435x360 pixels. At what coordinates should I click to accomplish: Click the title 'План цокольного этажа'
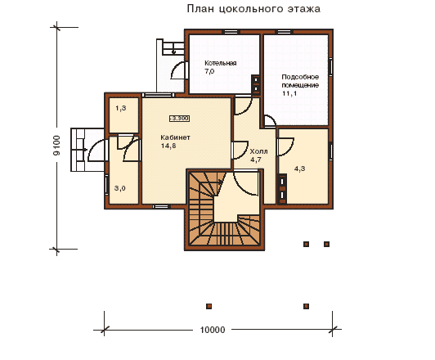coord(253,9)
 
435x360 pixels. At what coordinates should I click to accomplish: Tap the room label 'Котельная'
coord(221,63)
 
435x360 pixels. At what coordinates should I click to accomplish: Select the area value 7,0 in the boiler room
coord(209,71)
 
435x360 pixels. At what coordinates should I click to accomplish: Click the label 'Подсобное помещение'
coord(300,81)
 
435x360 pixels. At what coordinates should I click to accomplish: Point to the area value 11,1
coord(289,93)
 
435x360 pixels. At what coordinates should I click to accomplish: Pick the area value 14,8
coord(168,146)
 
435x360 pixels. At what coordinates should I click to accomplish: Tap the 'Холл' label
coord(258,151)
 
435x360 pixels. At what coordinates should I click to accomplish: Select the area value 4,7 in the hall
coord(256,160)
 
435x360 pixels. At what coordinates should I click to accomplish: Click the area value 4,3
coord(299,169)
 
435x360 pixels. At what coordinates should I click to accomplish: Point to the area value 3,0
coord(120,188)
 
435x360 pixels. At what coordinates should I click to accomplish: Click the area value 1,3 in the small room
coord(121,108)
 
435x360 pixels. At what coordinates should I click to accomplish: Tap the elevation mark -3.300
coord(180,119)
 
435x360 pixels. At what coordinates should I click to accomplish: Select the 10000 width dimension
coord(213,330)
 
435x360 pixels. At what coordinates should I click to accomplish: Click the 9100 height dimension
coord(56,145)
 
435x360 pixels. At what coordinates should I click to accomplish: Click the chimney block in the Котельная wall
coord(255,84)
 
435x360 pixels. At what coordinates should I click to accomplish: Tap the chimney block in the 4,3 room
coord(282,189)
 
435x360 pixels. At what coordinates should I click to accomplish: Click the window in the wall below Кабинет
coord(161,206)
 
